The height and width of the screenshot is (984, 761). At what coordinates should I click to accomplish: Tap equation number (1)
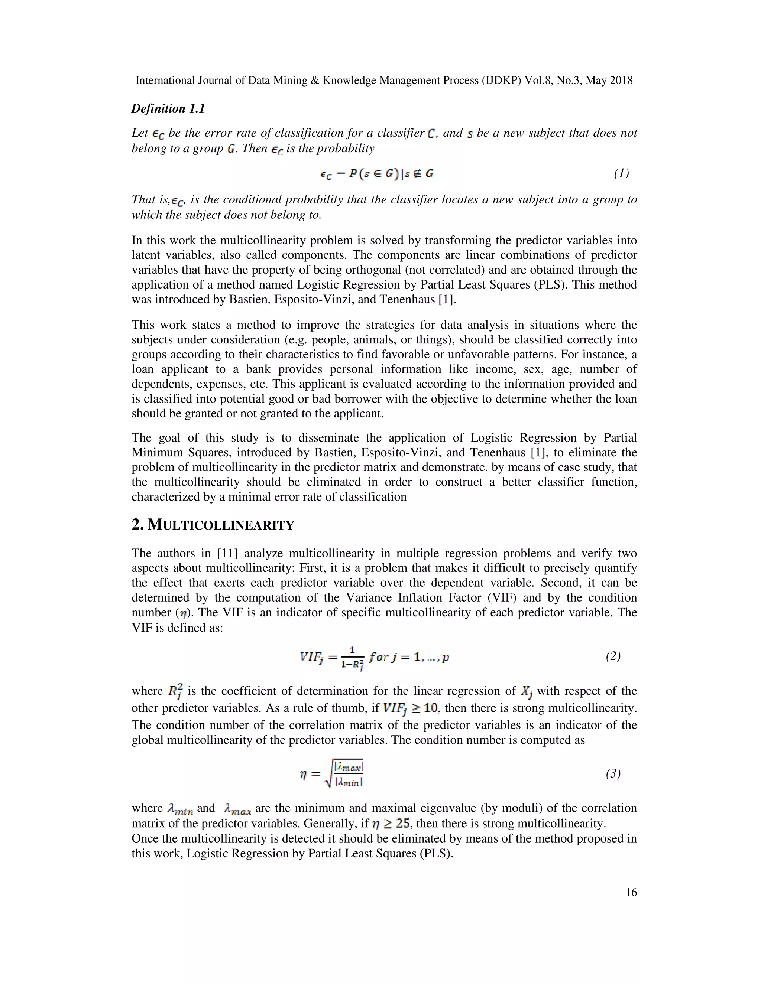[x=621, y=173]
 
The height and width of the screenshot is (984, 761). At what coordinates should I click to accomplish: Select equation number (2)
[x=613, y=656]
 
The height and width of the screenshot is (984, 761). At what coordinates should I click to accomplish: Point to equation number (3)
[x=613, y=773]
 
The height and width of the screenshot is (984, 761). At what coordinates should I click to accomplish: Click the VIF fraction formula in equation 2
[x=374, y=658]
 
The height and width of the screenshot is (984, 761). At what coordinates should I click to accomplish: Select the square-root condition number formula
[x=331, y=773]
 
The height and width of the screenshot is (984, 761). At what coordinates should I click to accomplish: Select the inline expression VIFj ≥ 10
[x=410, y=708]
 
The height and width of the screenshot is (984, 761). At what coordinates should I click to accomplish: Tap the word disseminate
[x=345, y=438]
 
